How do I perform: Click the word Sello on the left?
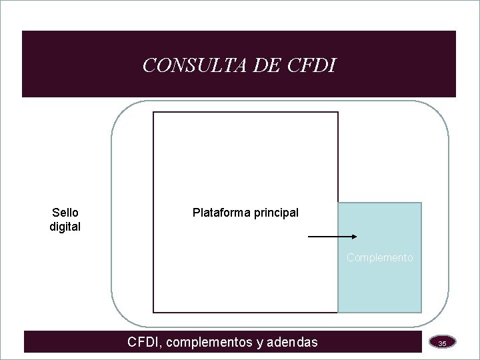(65, 213)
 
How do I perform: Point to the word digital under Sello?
(65, 227)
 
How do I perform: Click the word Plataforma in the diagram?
(221, 213)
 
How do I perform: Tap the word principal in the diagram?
(275, 213)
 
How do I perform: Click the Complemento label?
(380, 257)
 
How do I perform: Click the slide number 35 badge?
(442, 343)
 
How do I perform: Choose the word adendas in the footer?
(292, 343)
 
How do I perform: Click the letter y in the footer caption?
(259, 343)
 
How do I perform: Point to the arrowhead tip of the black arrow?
(359, 237)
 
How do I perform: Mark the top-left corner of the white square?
(154, 112)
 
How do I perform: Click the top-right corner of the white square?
(338, 112)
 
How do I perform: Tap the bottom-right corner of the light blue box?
(421, 312)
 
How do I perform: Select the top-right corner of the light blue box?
(421, 203)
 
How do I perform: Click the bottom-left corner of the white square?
(154, 312)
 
